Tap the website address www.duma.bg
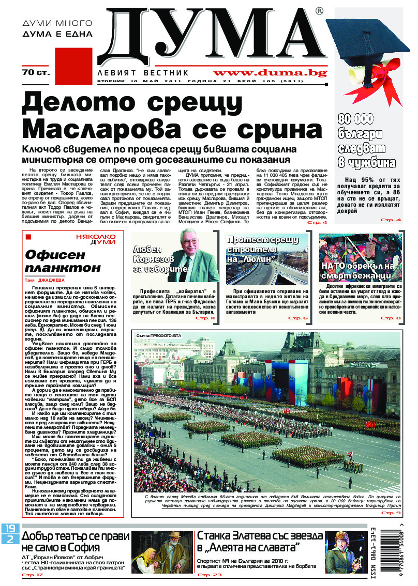(x=265, y=73)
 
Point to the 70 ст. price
(x=36, y=73)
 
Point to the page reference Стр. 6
(x=298, y=318)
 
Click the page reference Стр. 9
(x=391, y=513)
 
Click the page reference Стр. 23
(x=210, y=575)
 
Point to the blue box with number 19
(x=10, y=529)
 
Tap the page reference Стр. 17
(x=32, y=575)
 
